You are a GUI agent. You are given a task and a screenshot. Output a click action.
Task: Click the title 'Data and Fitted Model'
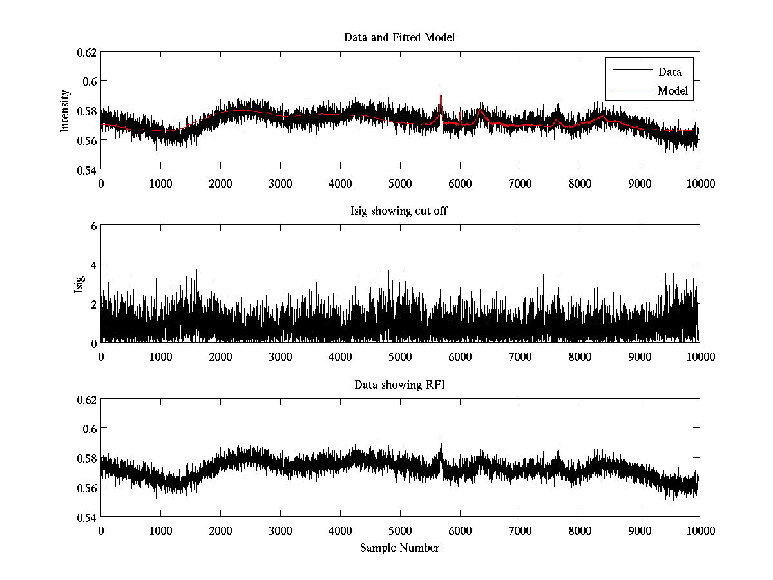coord(399,37)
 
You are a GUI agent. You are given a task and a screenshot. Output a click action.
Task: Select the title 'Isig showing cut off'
coord(399,211)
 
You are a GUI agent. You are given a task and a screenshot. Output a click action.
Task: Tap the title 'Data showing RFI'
coord(399,385)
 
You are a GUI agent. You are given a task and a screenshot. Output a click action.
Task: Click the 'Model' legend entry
coord(673,91)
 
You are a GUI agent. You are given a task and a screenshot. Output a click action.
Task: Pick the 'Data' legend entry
coord(670,72)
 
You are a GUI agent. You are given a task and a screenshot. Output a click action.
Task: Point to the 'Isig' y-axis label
coord(79,284)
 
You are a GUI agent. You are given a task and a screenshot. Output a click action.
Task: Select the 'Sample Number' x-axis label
coord(399,548)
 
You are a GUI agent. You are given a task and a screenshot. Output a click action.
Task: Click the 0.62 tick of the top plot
coord(88,52)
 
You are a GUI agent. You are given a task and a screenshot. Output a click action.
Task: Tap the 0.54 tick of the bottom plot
coord(88,517)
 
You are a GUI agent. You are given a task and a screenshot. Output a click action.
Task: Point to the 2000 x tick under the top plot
coord(221,183)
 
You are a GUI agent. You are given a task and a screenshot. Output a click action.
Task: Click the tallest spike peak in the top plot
coord(441,87)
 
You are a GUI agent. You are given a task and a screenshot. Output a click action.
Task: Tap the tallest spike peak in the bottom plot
coord(441,434)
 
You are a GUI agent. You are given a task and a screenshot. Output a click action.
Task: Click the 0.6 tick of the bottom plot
coord(91,429)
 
